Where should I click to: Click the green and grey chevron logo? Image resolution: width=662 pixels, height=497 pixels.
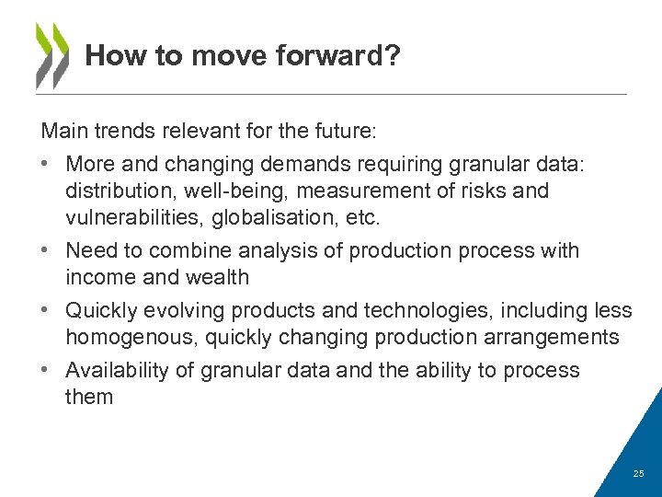click(52, 54)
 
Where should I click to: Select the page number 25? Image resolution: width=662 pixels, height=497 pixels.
click(639, 473)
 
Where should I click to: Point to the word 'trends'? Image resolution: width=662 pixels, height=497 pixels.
click(128, 132)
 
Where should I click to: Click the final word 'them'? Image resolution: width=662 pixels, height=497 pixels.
click(89, 397)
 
